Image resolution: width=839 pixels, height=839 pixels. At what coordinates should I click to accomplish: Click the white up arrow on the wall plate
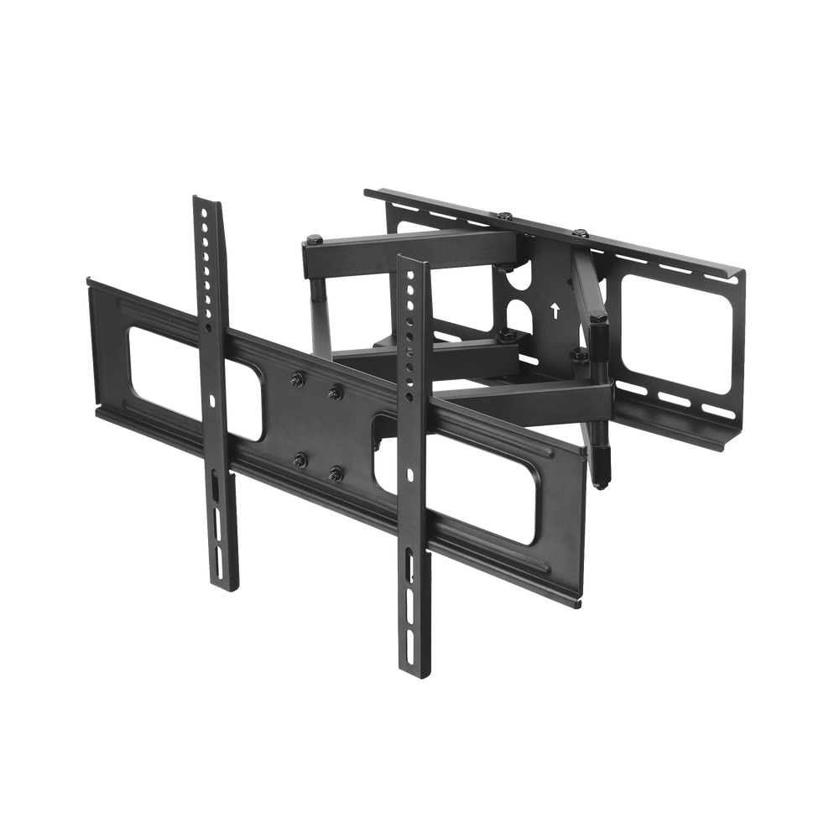(x=555, y=308)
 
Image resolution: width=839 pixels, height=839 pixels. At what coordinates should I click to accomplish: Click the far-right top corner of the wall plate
(x=745, y=269)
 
